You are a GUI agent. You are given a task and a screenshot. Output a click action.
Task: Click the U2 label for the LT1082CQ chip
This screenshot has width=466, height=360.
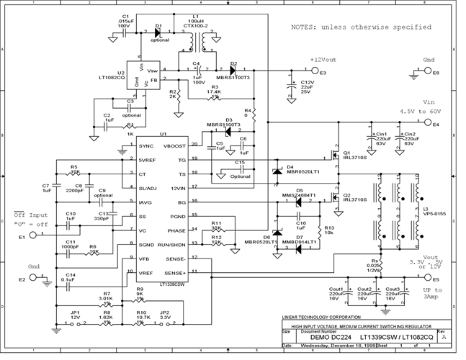tap(120, 73)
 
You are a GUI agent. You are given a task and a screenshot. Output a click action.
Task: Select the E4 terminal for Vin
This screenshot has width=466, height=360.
tap(426, 124)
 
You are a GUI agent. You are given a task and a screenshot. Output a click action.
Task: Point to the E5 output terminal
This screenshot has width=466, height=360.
tap(426, 273)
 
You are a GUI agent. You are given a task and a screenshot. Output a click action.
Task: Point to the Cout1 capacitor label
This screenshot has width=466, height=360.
tap(354, 289)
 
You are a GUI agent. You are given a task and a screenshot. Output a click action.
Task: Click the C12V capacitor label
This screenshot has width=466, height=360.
tap(307, 84)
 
